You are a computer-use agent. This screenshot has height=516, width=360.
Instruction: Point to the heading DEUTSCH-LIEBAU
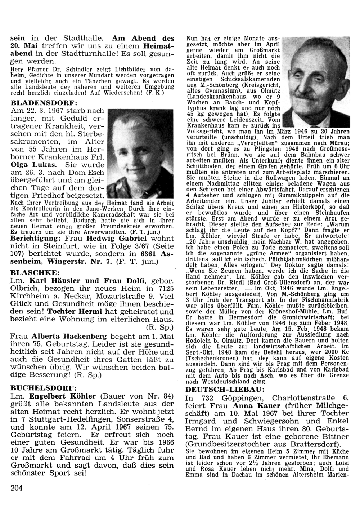pos(226,390)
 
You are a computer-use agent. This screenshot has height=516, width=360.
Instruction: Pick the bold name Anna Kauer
pos(252,406)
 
